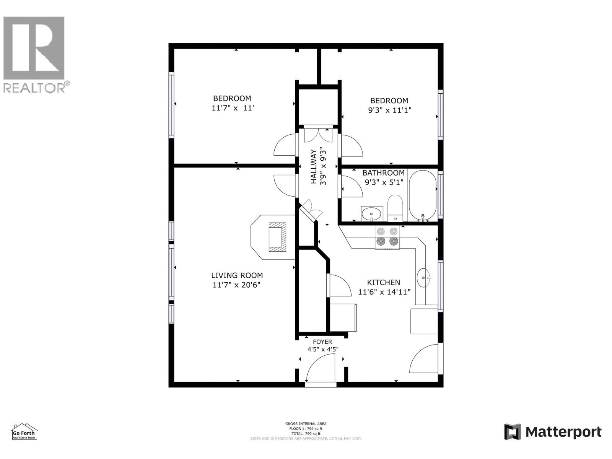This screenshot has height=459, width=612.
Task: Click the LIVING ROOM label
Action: pos(237,275)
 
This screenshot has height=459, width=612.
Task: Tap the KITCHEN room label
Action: pos(383,283)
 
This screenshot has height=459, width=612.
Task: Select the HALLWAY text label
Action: pos(314,167)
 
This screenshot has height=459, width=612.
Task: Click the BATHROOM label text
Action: pos(383,173)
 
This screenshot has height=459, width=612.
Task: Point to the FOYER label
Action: pos(322,342)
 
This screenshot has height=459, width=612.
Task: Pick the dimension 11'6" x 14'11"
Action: pos(384,292)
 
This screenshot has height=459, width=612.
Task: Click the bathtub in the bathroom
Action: pos(422,195)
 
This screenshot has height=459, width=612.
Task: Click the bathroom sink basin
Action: pos(371,213)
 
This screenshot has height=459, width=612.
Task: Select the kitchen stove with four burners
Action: pos(387,237)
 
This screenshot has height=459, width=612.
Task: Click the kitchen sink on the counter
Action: pos(423,277)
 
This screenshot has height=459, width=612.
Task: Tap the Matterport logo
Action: pos(553,432)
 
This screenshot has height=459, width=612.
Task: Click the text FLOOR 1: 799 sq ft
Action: pos(306,429)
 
